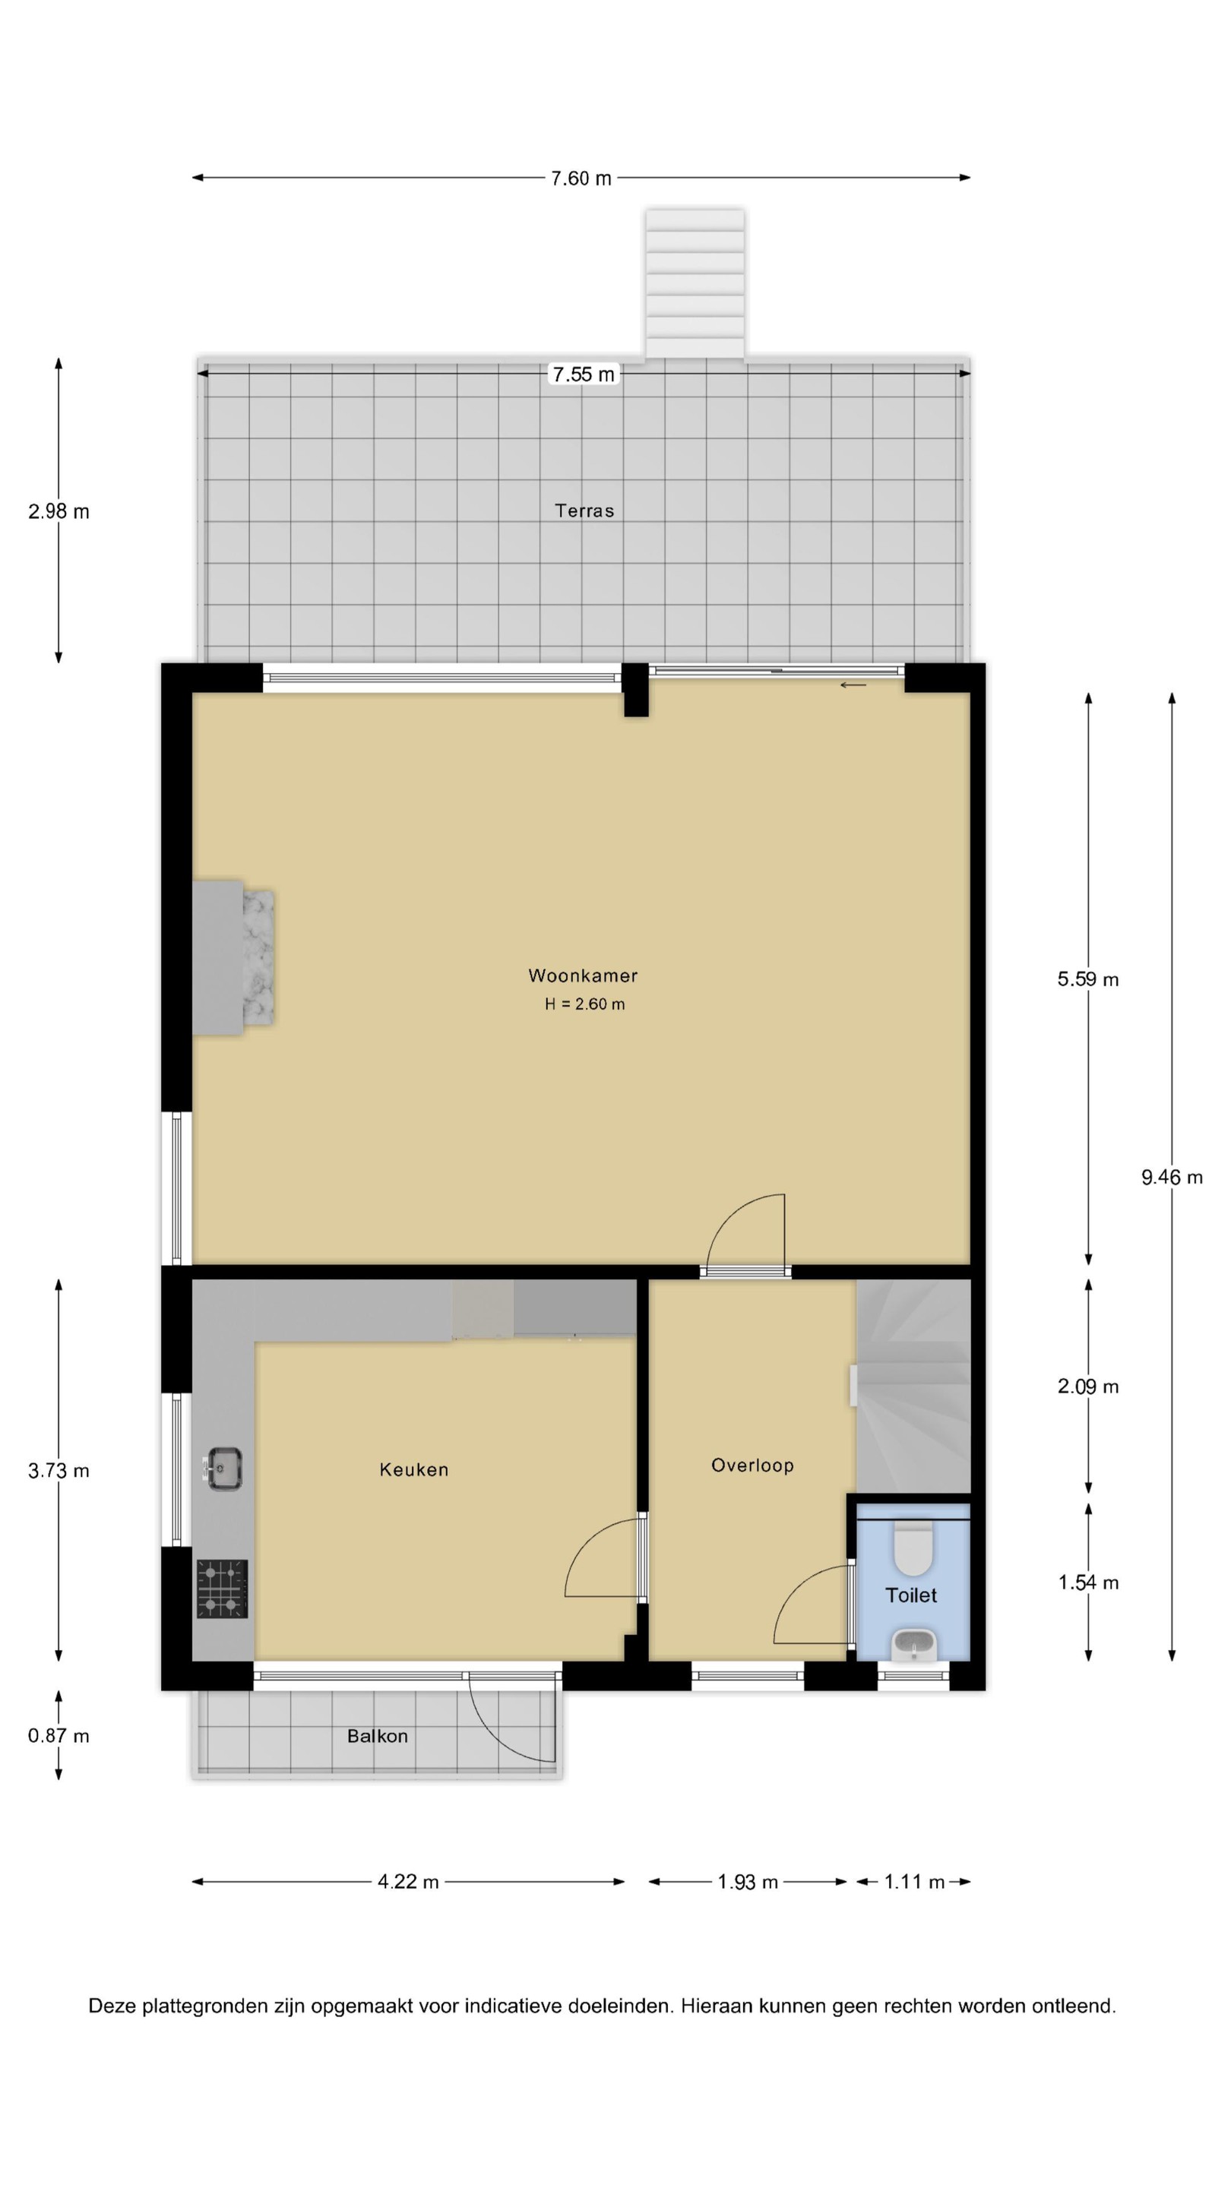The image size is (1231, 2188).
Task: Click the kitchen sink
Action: pyautogui.click(x=224, y=1469)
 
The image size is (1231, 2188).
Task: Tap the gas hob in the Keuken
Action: pyautogui.click(x=223, y=1589)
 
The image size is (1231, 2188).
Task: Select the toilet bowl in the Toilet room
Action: pyautogui.click(x=913, y=1548)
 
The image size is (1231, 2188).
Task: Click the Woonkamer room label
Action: pyautogui.click(x=583, y=975)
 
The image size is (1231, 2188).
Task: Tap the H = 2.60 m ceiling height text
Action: pyautogui.click(x=584, y=1004)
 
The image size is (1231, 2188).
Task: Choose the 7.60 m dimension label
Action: pyautogui.click(x=581, y=179)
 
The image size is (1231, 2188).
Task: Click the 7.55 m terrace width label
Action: pyautogui.click(x=584, y=374)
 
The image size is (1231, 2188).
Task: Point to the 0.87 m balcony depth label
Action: pyautogui.click(x=59, y=1735)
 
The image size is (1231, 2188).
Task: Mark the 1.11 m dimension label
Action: pyautogui.click(x=914, y=1881)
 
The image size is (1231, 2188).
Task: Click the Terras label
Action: pyautogui.click(x=584, y=511)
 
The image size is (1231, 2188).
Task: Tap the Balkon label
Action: pyautogui.click(x=377, y=1736)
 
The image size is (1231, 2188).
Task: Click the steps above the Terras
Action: pyautogui.click(x=695, y=283)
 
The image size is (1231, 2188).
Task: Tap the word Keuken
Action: pyautogui.click(x=413, y=1469)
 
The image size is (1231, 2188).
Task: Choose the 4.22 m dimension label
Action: pyautogui.click(x=408, y=1881)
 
